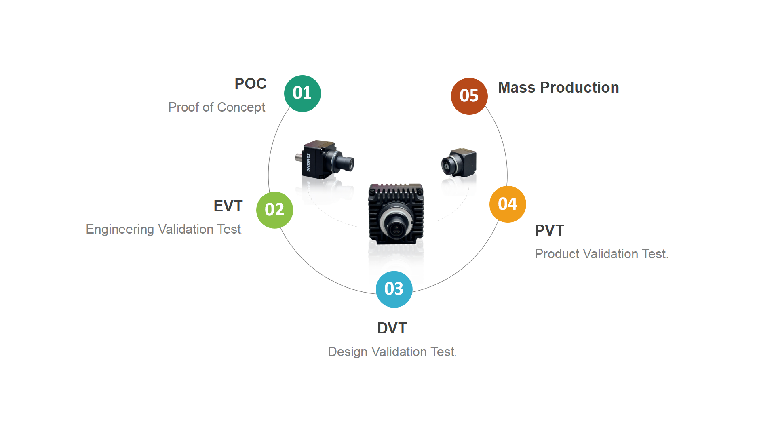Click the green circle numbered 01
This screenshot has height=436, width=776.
point(302,93)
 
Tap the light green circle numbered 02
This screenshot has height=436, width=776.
point(274,210)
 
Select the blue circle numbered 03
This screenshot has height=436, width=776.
point(394,289)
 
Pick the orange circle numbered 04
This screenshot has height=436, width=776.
point(508,204)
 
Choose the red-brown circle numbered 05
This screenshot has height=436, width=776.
point(469,96)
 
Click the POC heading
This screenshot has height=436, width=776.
point(250,84)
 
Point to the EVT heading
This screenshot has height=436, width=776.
point(228,206)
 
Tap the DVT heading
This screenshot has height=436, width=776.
point(392,328)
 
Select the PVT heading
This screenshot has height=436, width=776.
point(549,230)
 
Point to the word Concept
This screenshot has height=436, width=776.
point(241,107)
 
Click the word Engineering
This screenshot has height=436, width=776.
point(120,230)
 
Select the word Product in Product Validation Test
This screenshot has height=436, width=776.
point(557,254)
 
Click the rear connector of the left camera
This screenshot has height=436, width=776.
point(298,157)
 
